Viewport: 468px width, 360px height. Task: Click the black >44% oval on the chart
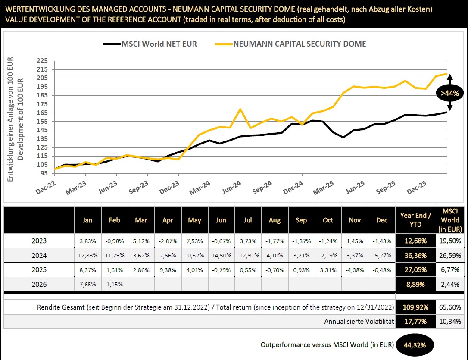449,93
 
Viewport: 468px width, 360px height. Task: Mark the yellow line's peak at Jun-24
240,109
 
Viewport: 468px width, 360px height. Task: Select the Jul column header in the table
248,220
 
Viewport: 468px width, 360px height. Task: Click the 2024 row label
39,255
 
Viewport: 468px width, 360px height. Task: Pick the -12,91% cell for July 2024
248,255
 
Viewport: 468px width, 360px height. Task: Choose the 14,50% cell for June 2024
221,255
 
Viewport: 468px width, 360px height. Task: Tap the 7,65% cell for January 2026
87,285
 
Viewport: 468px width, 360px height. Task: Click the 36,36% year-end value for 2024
416,255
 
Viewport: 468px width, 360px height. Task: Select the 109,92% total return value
416,307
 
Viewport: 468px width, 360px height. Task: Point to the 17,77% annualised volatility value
416,321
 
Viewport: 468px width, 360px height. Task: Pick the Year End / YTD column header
416,220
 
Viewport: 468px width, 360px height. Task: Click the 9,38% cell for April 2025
168,270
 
